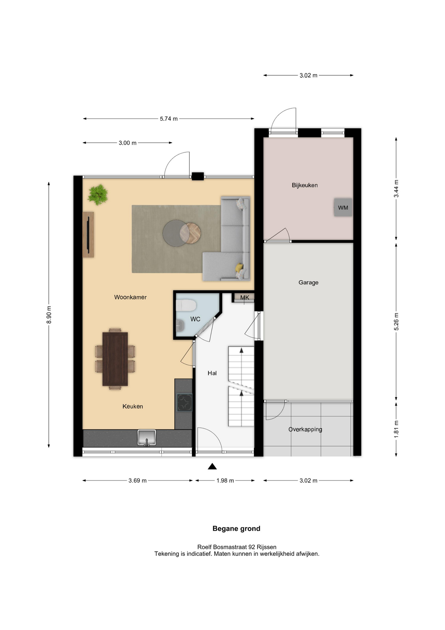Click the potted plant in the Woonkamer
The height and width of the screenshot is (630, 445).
[x=98, y=195]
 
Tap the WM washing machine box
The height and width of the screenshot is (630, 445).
[x=343, y=207]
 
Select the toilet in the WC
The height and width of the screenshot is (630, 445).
[x=186, y=305]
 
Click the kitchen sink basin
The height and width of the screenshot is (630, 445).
[x=147, y=438]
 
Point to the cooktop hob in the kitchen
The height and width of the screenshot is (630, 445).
[x=184, y=403]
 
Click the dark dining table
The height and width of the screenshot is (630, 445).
[x=115, y=359]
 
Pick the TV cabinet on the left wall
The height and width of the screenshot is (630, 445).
[x=88, y=235]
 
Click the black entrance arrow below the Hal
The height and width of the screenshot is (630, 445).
[x=212, y=466]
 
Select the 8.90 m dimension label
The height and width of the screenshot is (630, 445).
[x=49, y=315]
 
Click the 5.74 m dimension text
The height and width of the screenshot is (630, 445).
[x=169, y=119]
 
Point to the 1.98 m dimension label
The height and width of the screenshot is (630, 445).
[x=225, y=481]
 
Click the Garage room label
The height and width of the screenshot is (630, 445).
[x=308, y=283]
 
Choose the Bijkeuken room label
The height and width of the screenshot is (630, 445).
[x=305, y=185]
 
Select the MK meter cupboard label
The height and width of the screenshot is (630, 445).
[x=245, y=298]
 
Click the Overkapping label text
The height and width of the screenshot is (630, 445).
[x=305, y=430]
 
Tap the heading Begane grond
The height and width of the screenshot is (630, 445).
[x=236, y=529]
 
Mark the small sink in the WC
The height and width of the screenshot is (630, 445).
[x=180, y=326]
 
